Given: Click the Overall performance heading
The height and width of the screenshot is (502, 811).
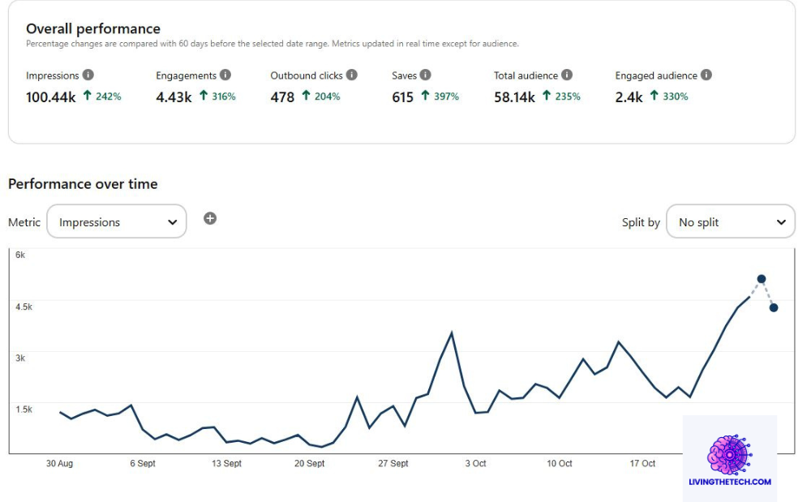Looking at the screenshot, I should point(93,29).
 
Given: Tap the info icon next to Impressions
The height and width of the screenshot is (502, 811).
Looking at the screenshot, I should point(88,75).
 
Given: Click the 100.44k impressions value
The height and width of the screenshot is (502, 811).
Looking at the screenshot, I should point(51,97).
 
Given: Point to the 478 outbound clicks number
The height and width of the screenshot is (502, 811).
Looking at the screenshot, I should point(282,97).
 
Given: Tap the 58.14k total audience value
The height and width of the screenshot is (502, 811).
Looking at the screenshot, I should point(514,97).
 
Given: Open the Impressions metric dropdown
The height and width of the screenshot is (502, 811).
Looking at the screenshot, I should point(117,221).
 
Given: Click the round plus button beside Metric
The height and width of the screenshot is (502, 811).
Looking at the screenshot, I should point(210,218).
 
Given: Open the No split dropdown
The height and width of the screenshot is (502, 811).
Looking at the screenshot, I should point(731,221).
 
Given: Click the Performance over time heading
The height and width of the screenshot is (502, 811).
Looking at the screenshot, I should point(83,184).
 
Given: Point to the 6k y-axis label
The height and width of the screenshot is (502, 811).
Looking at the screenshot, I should point(21,255).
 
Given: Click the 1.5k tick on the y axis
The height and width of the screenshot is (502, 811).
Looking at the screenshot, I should point(24,409).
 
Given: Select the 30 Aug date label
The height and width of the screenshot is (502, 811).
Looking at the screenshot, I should point(59,464).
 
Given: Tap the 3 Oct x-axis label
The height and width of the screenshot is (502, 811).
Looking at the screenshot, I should point(476,464).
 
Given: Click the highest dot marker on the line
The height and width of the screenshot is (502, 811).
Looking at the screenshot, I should point(762,279).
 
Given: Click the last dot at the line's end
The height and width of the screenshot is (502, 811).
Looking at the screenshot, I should point(774,307).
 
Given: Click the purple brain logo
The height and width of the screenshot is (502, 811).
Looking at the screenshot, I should point(730,454).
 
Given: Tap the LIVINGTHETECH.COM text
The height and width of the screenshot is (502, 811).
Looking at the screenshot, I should point(730,482).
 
